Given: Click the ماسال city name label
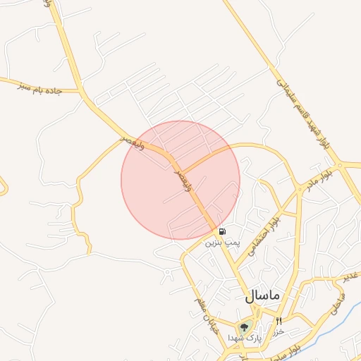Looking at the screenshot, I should click(x=263, y=297).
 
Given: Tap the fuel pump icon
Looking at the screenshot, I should click(x=222, y=231).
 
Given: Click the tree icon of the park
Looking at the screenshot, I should click(x=245, y=327).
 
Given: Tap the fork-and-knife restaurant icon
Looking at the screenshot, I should click(x=279, y=322).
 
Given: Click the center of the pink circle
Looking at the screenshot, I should click(x=180, y=180).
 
